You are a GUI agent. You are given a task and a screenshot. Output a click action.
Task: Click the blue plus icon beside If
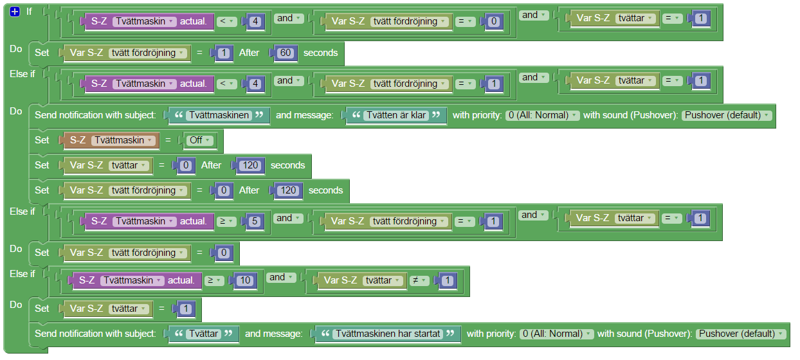15,12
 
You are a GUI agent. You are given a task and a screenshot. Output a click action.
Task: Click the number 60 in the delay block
286,53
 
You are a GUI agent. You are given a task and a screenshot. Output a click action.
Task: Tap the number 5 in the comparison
254,221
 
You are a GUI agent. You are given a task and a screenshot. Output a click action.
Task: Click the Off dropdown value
199,139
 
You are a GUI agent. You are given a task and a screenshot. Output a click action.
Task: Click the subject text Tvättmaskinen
219,116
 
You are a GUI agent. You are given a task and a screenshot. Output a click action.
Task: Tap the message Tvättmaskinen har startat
388,334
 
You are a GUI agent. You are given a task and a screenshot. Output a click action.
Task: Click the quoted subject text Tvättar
203,334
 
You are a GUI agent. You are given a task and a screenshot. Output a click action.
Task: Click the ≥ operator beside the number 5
226,221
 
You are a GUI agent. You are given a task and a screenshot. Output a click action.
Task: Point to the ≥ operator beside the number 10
214,280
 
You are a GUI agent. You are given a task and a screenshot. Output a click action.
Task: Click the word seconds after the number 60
320,53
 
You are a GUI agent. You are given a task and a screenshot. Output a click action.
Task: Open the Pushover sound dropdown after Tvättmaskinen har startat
741,334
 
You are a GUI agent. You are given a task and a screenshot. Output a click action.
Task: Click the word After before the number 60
249,53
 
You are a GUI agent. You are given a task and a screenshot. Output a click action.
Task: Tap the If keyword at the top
29,12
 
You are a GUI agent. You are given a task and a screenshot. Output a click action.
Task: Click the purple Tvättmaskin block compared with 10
135,280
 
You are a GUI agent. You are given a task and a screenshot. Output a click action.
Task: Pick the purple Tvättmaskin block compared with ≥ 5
148,221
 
